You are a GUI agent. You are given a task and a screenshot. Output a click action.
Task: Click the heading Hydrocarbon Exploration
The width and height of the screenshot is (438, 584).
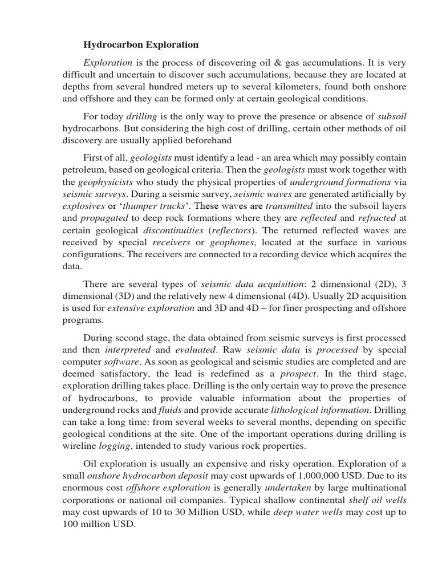(141, 44)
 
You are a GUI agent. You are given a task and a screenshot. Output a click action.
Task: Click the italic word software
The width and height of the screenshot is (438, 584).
(120, 362)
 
